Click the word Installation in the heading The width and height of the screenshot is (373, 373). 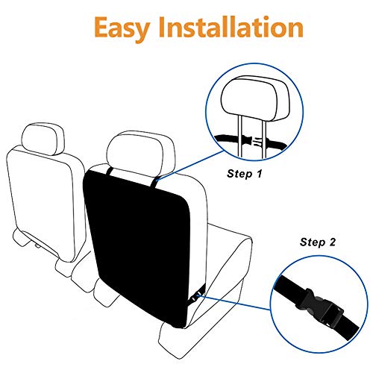(233, 28)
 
